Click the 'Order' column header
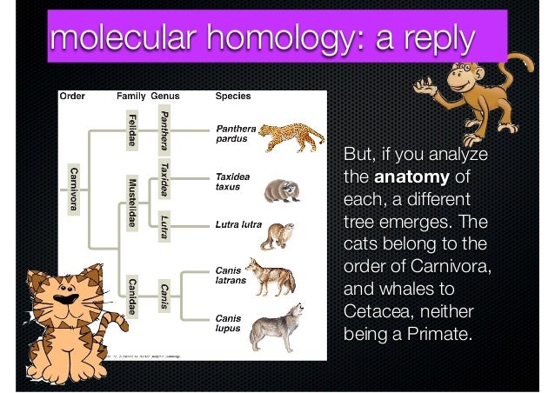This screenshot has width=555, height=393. click(71, 96)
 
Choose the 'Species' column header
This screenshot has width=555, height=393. click(233, 96)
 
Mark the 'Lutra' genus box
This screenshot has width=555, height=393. click(164, 224)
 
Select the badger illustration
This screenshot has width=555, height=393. click(280, 189)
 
